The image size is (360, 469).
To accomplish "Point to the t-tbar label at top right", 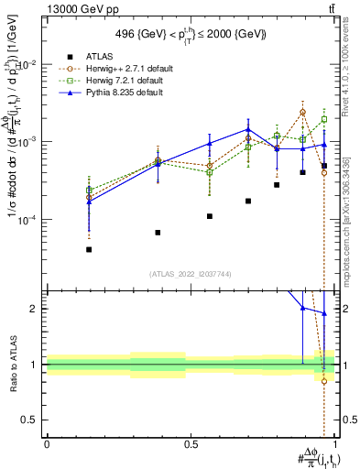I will [331, 8].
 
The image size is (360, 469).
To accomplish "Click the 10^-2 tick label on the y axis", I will [27, 65].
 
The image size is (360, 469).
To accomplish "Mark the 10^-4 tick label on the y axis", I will [27, 220].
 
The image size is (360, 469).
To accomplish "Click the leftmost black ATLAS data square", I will [89, 249].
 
